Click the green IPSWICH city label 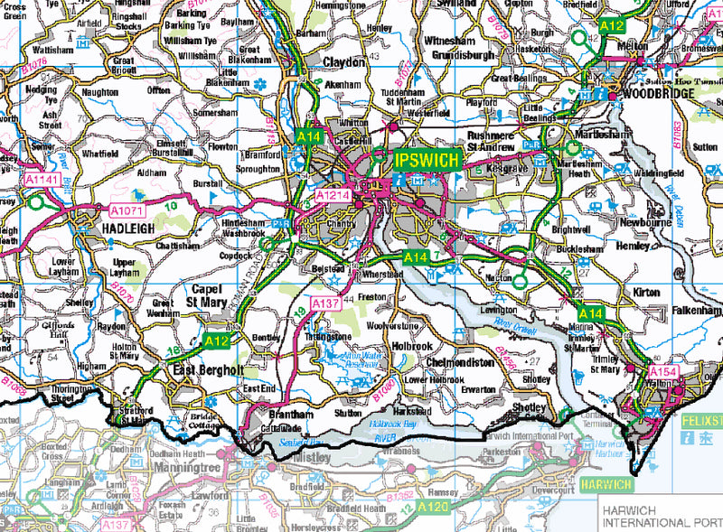click(427, 161)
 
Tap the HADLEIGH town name click(117, 230)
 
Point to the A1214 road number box click(332, 194)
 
